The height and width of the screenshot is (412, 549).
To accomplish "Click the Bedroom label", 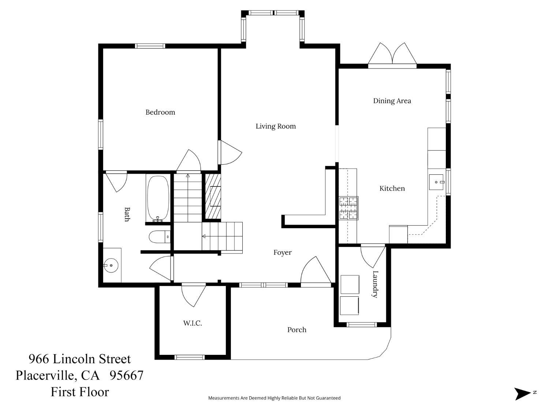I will pos(160,112).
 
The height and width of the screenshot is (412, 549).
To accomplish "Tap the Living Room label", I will pos(276,126).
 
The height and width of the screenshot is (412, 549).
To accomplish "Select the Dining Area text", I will pos(392,101).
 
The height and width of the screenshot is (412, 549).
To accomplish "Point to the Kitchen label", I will pos(392,188).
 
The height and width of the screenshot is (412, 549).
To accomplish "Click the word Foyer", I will pos(283,252).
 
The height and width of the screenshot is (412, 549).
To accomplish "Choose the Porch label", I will pos(296,330).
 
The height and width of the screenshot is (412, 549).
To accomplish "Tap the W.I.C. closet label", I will pos(192,323).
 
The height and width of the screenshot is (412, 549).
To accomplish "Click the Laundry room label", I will pos(375,284).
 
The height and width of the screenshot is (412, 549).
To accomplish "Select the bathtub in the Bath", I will pos(158,198).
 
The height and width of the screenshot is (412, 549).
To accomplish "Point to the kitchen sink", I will pos(437,182).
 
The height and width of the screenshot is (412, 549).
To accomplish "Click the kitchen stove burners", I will pos(348,208).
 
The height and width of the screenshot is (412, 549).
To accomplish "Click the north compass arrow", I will pos(522,394).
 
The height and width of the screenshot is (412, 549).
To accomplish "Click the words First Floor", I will pos(80,392).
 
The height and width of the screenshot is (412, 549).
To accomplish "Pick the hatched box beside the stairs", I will pos(212,196).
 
